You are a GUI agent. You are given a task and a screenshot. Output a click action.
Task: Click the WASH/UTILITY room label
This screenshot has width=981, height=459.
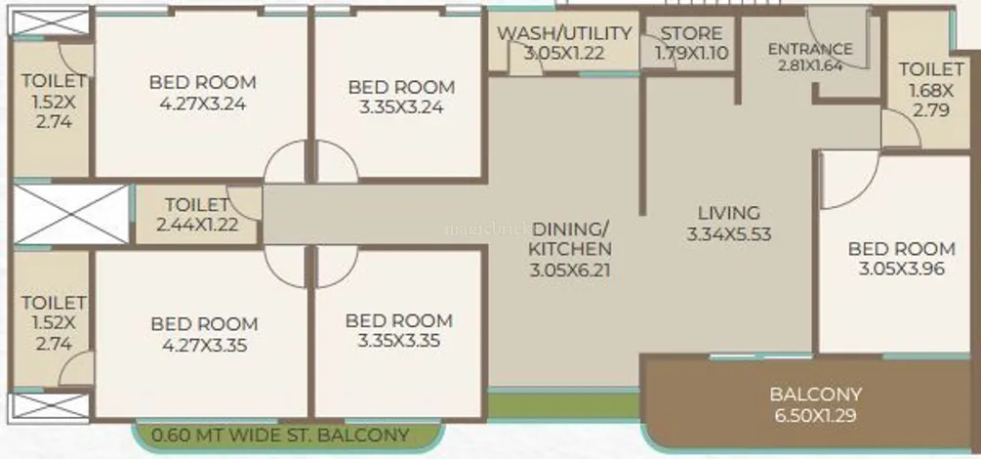pos(564,33)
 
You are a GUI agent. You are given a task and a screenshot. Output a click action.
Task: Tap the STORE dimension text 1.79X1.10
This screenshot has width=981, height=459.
pos(692,54)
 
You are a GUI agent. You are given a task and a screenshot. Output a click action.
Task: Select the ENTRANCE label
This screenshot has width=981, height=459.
pos(810,49)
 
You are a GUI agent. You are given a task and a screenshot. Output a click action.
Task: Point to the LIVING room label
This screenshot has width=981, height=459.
pos(729,213)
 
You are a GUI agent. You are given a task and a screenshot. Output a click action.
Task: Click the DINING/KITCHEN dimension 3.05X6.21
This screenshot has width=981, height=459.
pos(570,271)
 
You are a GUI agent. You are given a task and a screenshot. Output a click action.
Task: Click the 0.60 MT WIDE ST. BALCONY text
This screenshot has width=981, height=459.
pos(281,435)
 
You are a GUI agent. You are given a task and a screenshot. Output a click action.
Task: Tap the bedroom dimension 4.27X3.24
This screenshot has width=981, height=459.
pos(203,104)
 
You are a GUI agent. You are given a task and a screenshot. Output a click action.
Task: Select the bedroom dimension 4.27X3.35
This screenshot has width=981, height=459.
pos(204,345)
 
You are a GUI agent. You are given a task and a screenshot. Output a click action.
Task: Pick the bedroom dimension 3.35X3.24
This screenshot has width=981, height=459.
pos(401,107)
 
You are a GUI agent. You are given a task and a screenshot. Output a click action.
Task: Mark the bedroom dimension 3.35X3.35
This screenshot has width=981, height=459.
pos(398,341)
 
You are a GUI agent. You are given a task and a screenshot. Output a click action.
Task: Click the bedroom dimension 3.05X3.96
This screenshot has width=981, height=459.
pos(902,270)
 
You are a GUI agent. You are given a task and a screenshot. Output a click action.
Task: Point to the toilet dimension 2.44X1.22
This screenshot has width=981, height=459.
pos(198,225)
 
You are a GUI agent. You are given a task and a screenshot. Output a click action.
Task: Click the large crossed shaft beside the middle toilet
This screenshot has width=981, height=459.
pos(70,214)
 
